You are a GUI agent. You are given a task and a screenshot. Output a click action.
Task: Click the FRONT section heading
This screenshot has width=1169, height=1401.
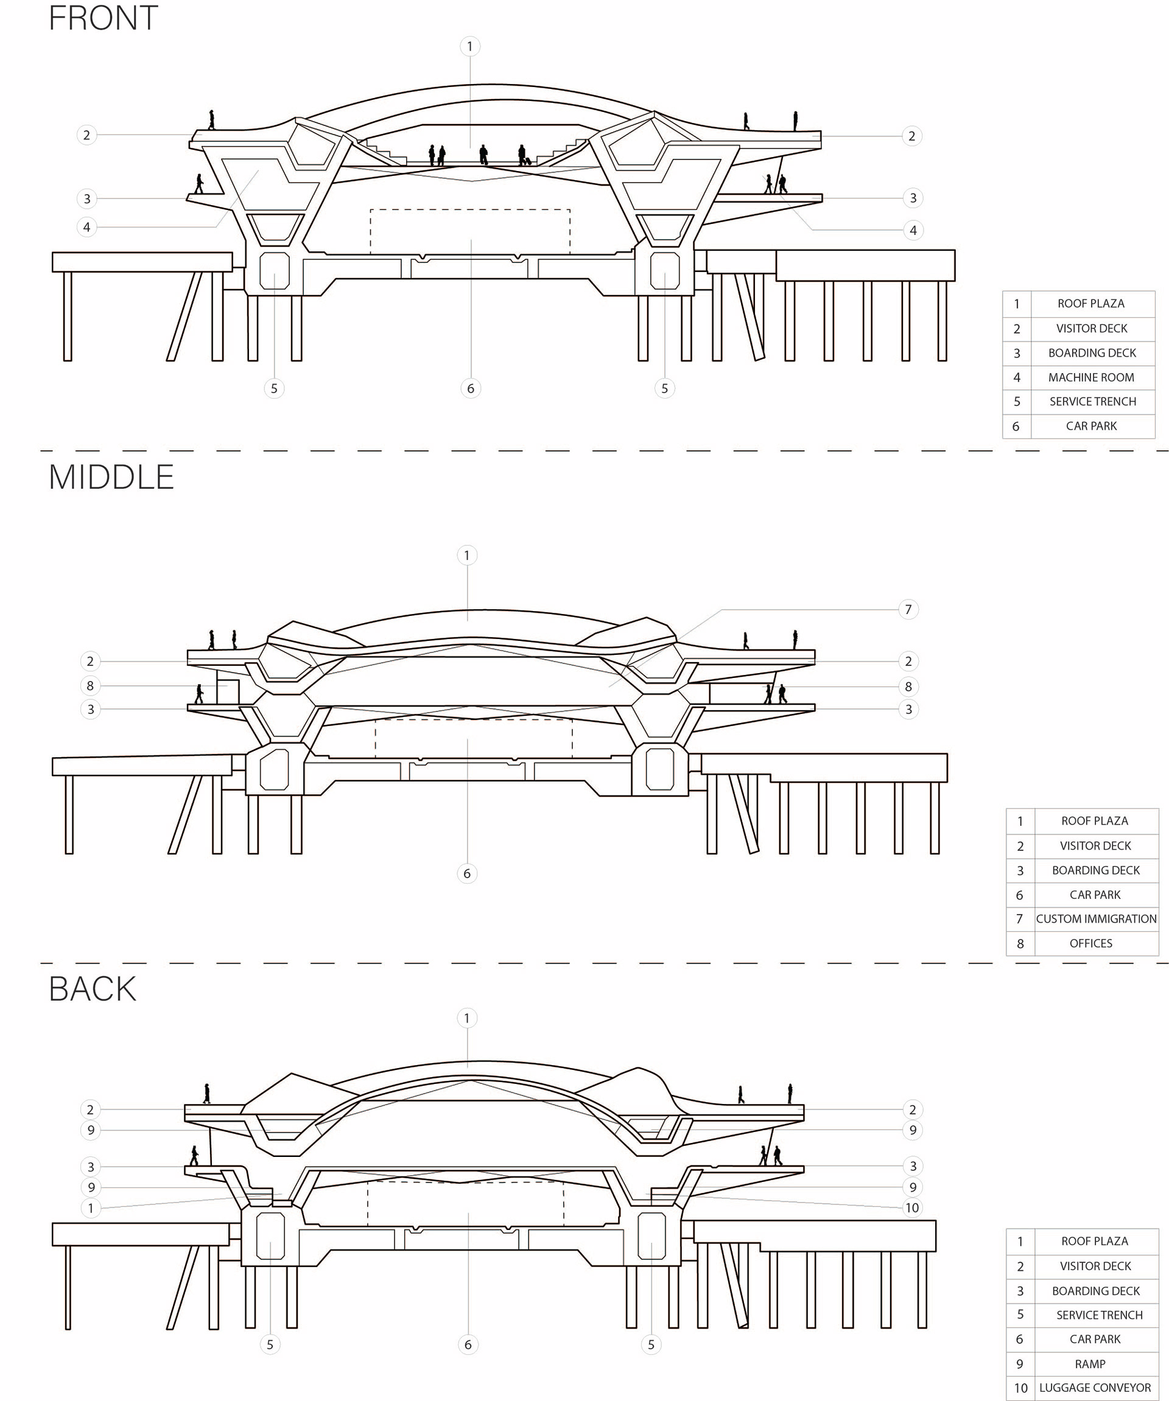tap(104, 18)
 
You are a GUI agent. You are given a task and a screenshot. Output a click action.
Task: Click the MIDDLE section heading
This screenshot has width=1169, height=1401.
tap(111, 478)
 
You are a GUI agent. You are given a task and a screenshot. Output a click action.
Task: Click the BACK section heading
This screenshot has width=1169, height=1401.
tap(93, 989)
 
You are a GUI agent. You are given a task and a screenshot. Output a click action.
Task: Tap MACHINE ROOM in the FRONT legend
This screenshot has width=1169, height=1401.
tap(1091, 377)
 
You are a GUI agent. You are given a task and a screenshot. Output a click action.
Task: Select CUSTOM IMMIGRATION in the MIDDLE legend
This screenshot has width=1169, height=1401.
tap(1097, 918)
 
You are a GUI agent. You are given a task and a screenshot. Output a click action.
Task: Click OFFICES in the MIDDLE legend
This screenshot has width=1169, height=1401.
tap(1091, 943)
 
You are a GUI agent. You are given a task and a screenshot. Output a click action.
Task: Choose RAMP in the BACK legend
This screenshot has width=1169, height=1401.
tap(1090, 1364)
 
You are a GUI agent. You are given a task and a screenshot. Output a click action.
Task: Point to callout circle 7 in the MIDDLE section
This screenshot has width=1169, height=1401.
tap(908, 609)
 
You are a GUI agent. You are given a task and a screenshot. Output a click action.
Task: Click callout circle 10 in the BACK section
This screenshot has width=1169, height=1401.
tap(911, 1207)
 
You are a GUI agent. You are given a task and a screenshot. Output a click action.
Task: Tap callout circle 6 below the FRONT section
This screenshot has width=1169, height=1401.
tap(471, 388)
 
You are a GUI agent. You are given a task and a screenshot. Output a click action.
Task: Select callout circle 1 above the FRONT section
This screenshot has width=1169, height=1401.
tap(470, 46)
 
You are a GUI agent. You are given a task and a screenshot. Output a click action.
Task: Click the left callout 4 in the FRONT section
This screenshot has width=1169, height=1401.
tap(86, 227)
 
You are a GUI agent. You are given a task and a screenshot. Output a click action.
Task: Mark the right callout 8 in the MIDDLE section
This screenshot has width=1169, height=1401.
tap(908, 686)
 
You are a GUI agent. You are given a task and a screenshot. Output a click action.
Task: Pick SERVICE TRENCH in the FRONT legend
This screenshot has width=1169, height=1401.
tap(1092, 402)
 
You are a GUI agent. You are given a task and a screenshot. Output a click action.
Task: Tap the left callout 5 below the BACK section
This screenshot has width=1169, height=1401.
tap(270, 1344)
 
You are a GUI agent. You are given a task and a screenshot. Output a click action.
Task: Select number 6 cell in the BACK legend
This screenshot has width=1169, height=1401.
tap(1020, 1339)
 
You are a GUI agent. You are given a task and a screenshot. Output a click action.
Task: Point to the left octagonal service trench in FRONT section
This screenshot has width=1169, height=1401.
tap(274, 271)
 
